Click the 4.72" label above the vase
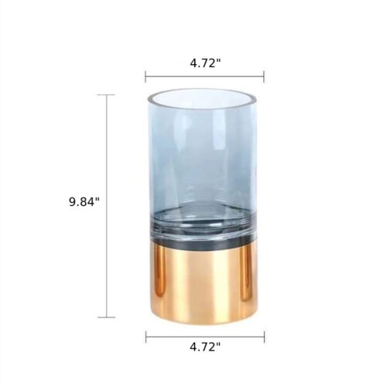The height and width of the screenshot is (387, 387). click(x=206, y=63)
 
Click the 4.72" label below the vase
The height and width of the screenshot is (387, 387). click(x=205, y=347)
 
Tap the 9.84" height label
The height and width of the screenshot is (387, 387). click(x=84, y=202)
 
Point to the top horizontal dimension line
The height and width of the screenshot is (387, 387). click(x=204, y=77)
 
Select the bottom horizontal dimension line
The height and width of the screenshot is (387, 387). click(x=205, y=337)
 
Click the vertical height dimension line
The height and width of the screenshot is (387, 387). click(x=106, y=206)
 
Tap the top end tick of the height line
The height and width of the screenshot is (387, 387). click(x=106, y=95)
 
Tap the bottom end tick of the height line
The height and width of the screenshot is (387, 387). click(x=106, y=317)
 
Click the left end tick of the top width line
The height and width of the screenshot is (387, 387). click(x=146, y=77)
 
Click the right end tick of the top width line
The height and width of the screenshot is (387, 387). click(x=264, y=77)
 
